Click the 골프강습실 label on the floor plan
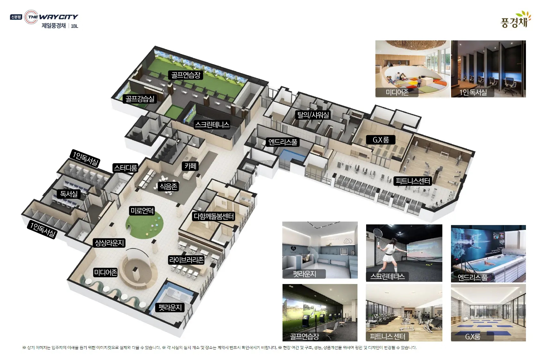[x=140, y=99]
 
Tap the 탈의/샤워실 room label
[x=313, y=115]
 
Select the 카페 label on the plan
[x=190, y=166]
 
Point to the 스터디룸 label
[x=125, y=168]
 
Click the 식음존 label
[x=168, y=186]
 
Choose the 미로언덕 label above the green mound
[x=142, y=211]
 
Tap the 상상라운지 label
[x=109, y=243]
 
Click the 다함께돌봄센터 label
[x=214, y=216]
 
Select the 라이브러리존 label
[x=186, y=260]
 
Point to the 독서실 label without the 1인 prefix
[x=69, y=194]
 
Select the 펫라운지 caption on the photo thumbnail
[x=304, y=274]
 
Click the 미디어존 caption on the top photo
[x=397, y=92]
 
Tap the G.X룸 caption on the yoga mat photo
[x=472, y=337]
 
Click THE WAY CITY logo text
[x=53, y=17]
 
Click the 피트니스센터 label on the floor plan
[x=413, y=181]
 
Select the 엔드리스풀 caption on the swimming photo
[x=472, y=277]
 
